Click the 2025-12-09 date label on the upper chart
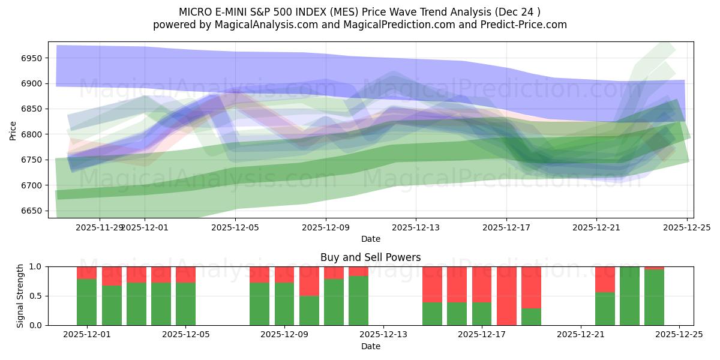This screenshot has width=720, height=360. [x=326, y=227]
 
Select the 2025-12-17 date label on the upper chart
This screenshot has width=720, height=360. [x=506, y=227]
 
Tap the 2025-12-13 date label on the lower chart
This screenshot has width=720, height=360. [x=383, y=335]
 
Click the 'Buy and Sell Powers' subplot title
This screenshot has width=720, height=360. [x=370, y=257]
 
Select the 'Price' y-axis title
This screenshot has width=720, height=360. [x=13, y=130]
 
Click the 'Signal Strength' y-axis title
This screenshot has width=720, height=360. [x=20, y=296]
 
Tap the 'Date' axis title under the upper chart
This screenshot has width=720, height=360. [x=370, y=239]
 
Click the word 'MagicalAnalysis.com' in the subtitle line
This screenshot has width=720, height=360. [x=250, y=25]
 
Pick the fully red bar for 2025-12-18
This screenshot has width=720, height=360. [x=506, y=296]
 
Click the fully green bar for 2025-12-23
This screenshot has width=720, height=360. [x=629, y=296]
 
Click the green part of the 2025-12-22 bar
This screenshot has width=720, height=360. [x=605, y=309]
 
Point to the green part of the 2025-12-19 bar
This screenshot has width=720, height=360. [x=531, y=317]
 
